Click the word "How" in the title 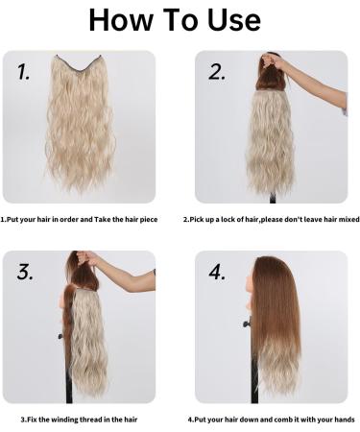(x=117, y=21)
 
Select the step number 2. (x=217, y=70)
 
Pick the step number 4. (x=217, y=272)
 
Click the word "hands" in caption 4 (x=342, y=420)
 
